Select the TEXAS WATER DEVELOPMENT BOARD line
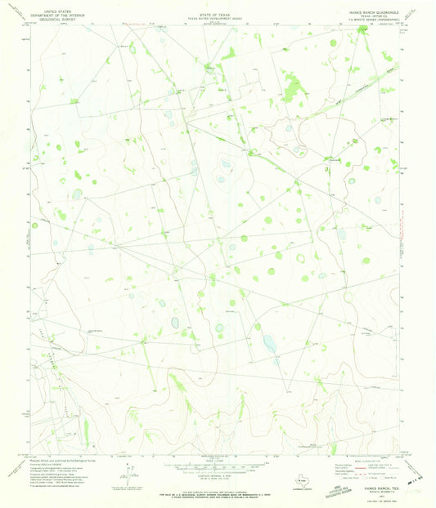pos(217,13)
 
